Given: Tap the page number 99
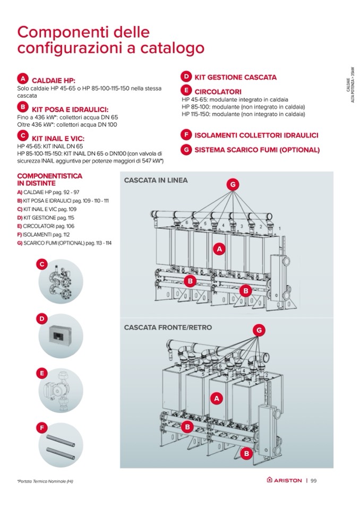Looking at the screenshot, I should (x=314, y=480).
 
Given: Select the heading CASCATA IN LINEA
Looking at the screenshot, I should (x=156, y=180).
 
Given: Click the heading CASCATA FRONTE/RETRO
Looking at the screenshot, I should (x=168, y=327).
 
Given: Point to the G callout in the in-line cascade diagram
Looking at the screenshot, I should (x=232, y=184).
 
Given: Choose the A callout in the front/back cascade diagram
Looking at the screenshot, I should (x=216, y=397).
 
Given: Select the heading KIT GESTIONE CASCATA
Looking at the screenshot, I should (x=235, y=77).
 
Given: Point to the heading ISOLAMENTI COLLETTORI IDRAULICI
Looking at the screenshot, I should (x=256, y=135).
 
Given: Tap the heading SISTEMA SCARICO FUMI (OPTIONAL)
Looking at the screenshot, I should (x=257, y=150).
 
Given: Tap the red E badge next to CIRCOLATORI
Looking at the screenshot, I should (x=186, y=91).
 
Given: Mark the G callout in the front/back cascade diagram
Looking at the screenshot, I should (x=259, y=330).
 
